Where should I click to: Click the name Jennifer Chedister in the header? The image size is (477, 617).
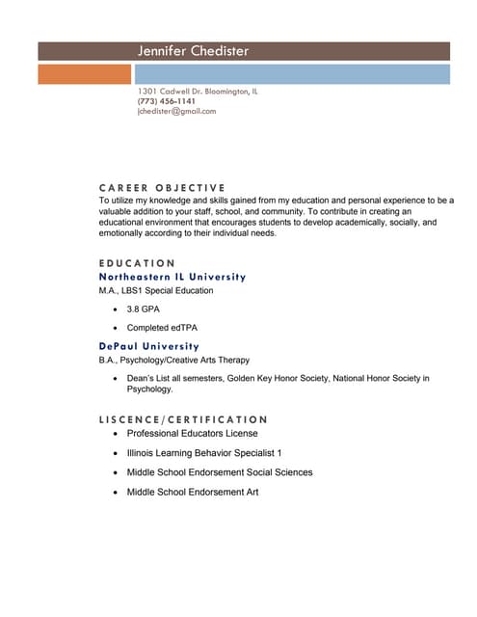pos(193,50)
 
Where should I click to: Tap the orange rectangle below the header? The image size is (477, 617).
pos(84,73)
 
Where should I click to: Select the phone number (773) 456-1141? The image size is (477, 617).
pos(167,101)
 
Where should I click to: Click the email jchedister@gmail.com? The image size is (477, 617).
pos(176,111)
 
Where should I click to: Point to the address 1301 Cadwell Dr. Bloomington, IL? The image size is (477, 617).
pos(197,92)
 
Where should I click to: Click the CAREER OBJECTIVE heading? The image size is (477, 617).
pos(162,187)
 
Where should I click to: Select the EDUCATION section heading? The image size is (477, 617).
pos(137,263)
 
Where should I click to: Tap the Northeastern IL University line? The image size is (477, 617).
pos(172,276)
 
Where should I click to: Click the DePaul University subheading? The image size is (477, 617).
pos(148,345)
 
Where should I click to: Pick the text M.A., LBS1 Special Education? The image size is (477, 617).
pos(156,290)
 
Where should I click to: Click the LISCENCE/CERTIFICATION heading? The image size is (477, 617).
pos(183,419)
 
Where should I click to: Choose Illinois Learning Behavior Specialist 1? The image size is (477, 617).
pos(204,453)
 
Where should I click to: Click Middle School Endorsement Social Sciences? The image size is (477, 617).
pos(220,472)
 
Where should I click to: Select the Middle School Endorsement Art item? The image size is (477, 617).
pos(193,492)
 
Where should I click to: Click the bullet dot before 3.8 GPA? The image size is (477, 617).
pos(116,309)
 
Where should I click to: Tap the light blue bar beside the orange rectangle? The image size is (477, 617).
pos(291,73)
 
